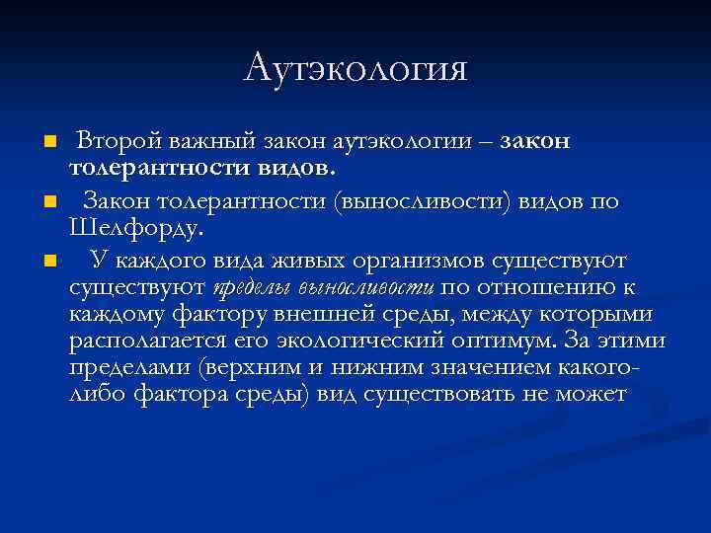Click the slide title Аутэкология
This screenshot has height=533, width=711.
[355, 69]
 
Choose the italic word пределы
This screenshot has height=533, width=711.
[253, 288]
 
